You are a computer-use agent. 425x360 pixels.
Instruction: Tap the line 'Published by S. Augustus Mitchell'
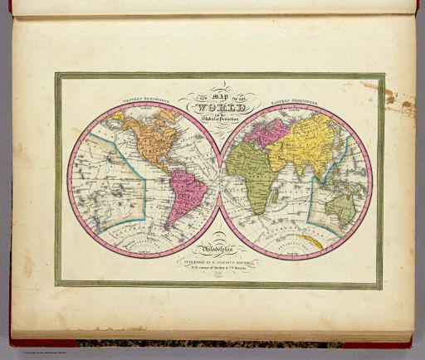tap(221, 260)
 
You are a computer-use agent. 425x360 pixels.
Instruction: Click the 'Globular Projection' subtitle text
tap(221, 119)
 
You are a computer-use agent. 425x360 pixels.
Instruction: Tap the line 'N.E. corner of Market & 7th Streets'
tap(221, 268)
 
